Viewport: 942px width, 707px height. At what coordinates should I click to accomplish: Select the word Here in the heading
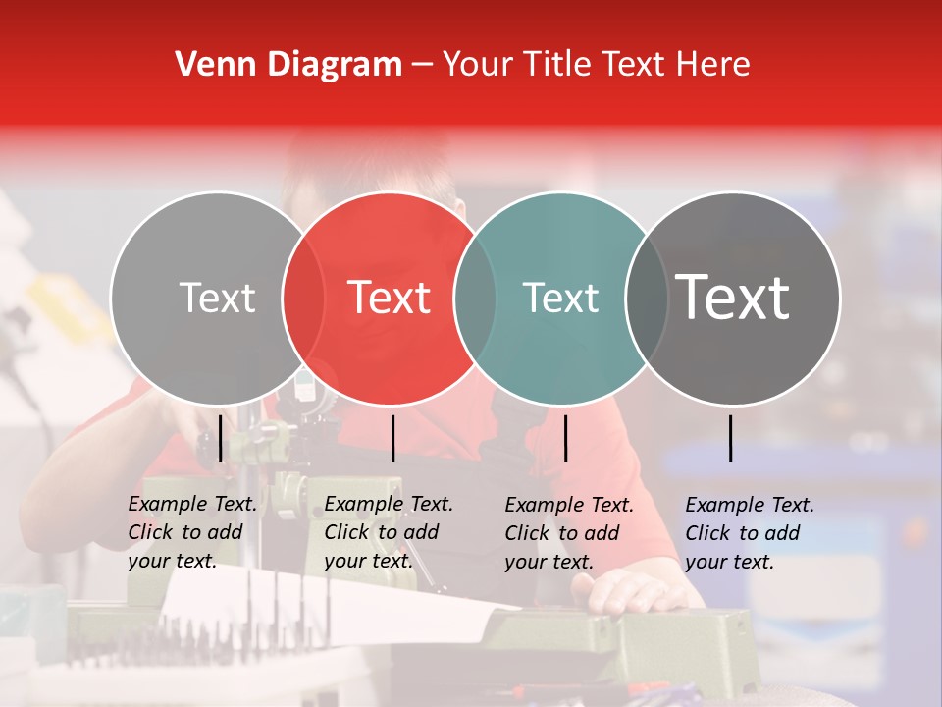point(714,65)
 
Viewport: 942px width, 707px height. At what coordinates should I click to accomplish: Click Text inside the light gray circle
point(217,298)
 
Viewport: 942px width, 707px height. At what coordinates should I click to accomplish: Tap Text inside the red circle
point(389,298)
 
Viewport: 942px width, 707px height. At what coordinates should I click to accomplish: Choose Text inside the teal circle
point(560,298)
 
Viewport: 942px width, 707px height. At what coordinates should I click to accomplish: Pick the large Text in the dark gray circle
point(733,298)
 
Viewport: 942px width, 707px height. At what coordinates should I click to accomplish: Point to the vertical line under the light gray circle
point(221,438)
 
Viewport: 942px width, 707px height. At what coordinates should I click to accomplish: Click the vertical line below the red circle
point(392,438)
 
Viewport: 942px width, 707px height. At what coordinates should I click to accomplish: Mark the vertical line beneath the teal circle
point(565,438)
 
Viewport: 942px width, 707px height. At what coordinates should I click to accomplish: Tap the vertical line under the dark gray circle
point(731,438)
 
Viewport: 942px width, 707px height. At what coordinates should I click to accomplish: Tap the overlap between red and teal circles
point(474,298)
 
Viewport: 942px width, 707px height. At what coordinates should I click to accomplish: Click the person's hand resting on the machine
point(633,591)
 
